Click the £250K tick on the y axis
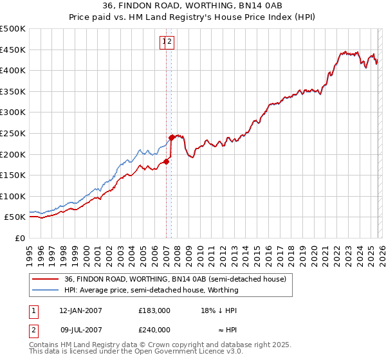(x=13, y=133)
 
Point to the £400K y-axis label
(x=13, y=71)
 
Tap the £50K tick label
(x=15, y=217)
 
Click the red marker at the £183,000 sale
(x=166, y=161)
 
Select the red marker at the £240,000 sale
(x=172, y=137)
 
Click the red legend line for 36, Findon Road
(x=46, y=278)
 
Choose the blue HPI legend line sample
(x=46, y=290)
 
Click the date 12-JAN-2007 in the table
(x=80, y=310)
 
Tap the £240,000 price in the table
(x=154, y=329)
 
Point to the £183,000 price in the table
(x=154, y=310)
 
